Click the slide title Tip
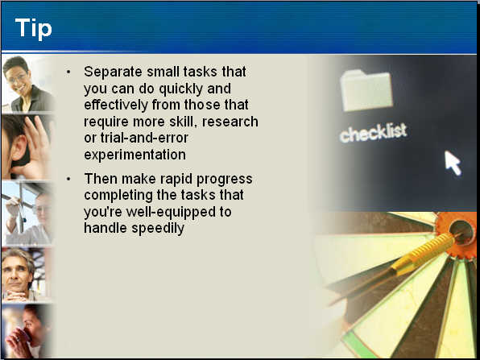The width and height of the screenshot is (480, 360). [34, 29]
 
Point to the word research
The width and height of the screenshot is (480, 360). [230, 122]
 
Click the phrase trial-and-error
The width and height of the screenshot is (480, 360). [144, 138]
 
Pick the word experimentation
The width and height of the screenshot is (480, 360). [134, 155]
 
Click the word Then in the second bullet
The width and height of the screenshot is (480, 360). [101, 179]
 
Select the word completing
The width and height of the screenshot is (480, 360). [118, 196]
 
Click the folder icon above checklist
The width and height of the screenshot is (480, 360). [366, 91]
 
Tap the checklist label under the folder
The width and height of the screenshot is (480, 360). [373, 133]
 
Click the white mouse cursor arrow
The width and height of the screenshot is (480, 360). [453, 163]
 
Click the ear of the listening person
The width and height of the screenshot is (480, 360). [20, 147]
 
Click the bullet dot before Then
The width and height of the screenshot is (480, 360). [68, 179]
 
